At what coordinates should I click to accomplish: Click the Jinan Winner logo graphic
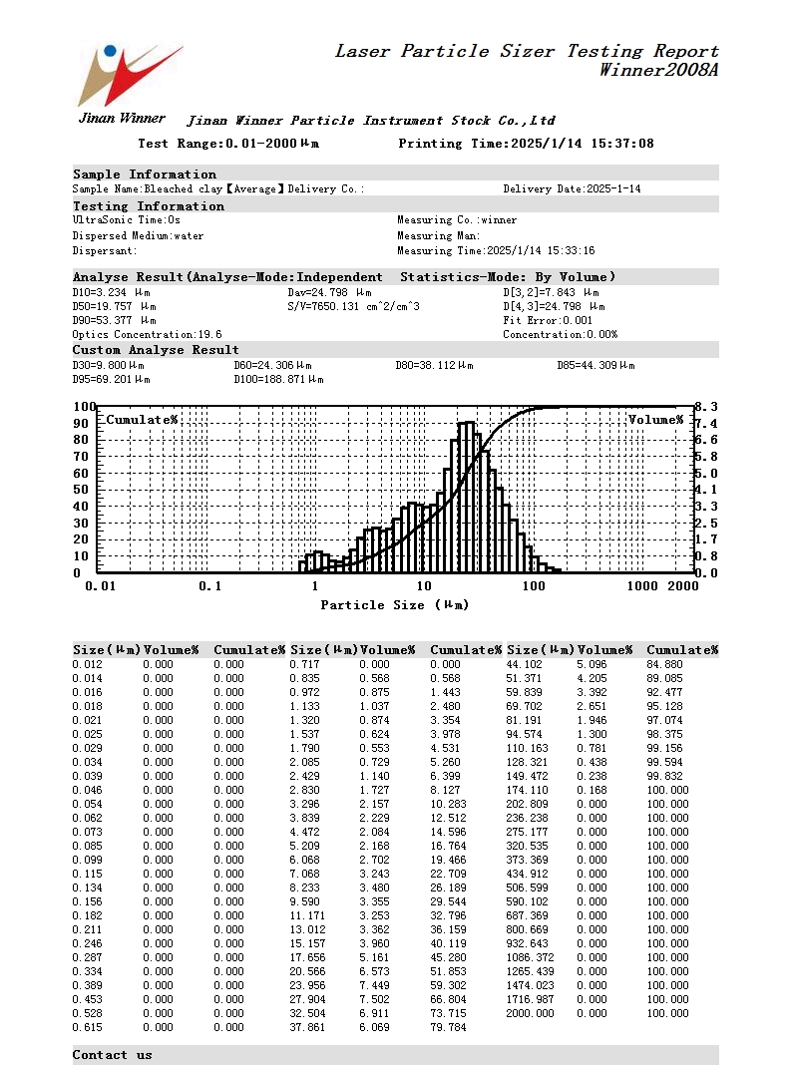128,74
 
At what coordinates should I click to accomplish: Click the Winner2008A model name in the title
658,70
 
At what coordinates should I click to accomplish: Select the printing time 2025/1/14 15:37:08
582,144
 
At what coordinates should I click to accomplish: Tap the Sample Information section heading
145,175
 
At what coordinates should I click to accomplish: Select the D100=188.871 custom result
278,380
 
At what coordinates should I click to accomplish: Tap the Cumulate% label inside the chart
142,420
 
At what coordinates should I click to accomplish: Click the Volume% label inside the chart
655,420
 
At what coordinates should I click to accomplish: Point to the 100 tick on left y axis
84,407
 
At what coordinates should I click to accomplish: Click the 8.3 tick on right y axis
706,407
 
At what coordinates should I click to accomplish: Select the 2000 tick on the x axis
682,586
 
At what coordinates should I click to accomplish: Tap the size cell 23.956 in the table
308,985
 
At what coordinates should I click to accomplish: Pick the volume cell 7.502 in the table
378,999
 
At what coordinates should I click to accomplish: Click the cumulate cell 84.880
667,664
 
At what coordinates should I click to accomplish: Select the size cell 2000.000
532,1013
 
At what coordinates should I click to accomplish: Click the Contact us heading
113,1055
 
